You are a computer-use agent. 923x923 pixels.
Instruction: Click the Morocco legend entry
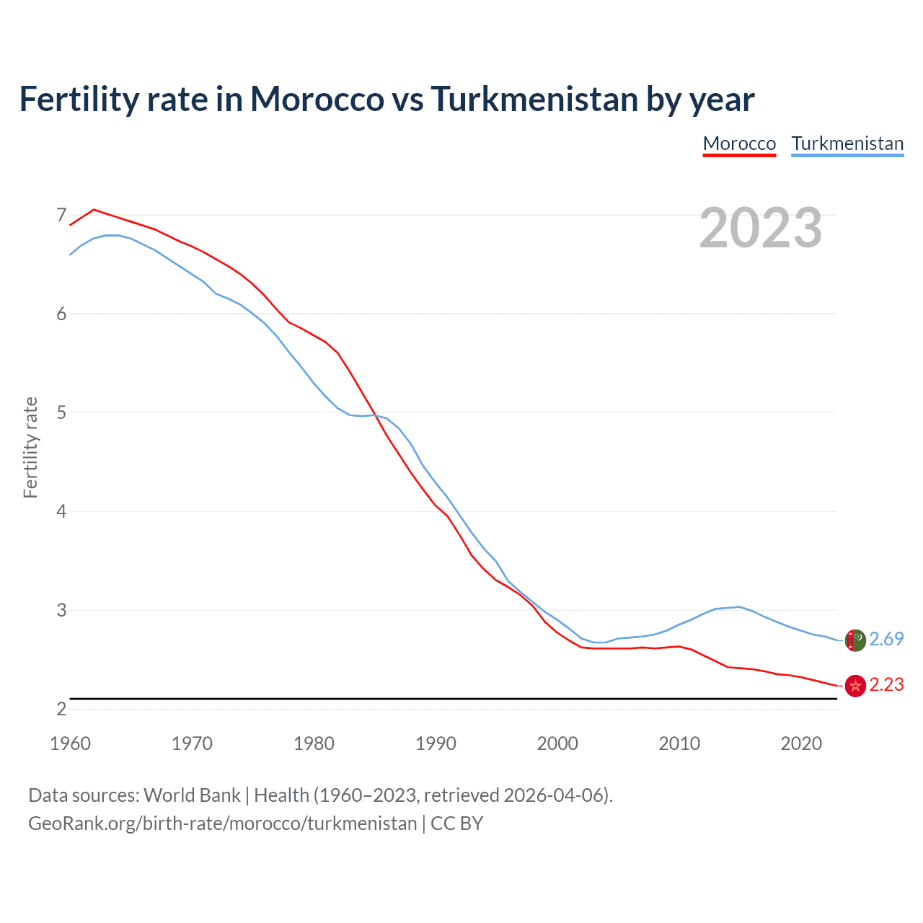[739, 143]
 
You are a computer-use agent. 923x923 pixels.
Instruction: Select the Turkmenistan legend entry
[847, 143]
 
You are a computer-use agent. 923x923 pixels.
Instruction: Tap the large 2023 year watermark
[761, 228]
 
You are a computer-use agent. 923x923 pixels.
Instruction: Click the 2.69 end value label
[886, 639]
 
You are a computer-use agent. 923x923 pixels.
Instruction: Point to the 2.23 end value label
[886, 684]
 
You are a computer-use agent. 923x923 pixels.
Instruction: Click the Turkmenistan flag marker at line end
[855, 640]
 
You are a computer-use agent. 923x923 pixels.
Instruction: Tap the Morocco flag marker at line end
[855, 686]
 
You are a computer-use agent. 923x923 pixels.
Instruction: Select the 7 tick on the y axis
[61, 215]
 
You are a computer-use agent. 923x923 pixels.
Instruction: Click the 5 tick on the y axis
[61, 412]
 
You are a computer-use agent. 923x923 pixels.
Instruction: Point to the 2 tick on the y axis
[61, 709]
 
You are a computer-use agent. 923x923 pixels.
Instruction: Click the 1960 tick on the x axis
[70, 743]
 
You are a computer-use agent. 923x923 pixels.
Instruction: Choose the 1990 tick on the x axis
[436, 743]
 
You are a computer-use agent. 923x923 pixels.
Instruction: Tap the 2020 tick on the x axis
[801, 743]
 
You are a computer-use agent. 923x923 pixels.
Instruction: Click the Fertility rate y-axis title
[30, 447]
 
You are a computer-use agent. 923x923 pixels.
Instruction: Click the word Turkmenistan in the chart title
[534, 99]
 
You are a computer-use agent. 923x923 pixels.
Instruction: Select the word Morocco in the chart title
[317, 99]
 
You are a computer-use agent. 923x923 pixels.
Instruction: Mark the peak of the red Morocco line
[94, 209]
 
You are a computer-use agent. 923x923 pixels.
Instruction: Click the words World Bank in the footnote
[192, 795]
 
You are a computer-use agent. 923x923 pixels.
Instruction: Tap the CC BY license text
[456, 823]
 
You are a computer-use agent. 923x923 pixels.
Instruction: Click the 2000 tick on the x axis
[557, 743]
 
